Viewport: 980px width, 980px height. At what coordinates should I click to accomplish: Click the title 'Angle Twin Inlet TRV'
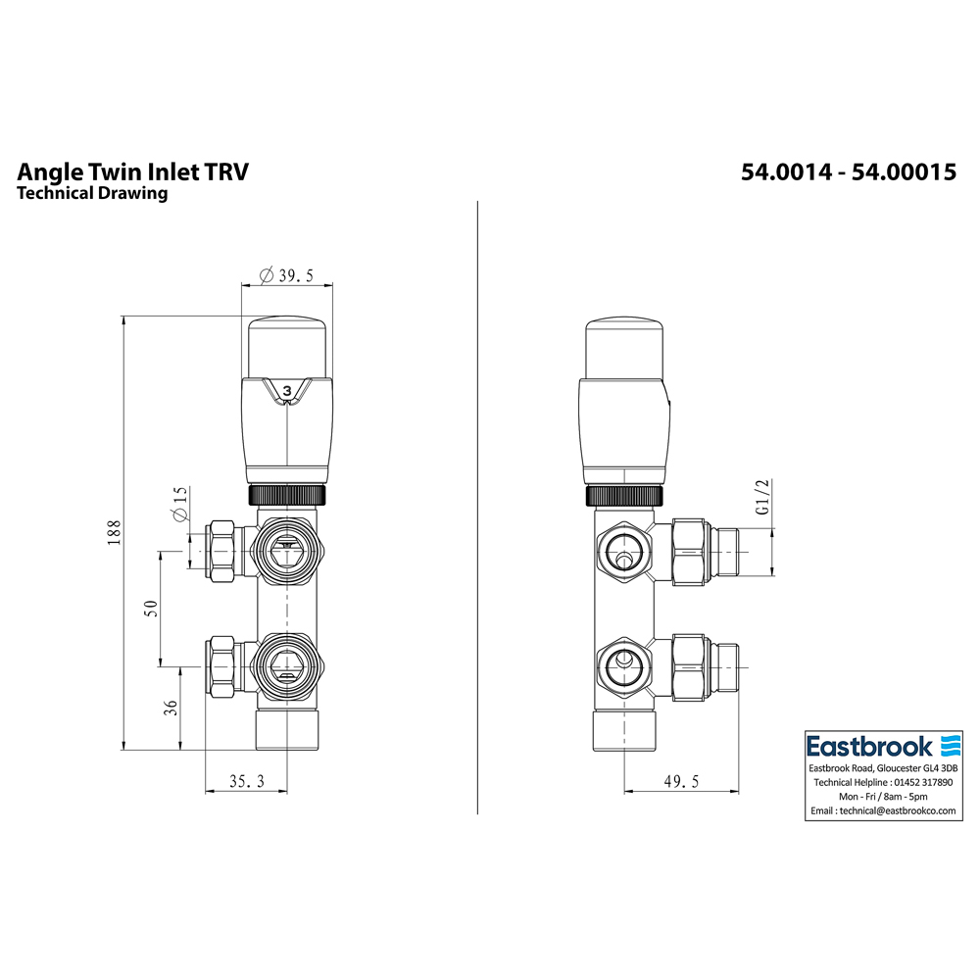(133, 172)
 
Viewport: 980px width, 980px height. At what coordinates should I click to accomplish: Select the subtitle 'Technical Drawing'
(92, 193)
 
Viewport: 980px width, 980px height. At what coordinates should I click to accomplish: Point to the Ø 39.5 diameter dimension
(286, 275)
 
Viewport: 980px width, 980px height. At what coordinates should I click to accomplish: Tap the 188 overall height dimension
(115, 532)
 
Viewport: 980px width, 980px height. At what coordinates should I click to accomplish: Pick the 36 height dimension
(170, 708)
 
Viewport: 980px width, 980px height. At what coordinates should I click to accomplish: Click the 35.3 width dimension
(246, 781)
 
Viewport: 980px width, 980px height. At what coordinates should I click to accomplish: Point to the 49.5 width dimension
(682, 781)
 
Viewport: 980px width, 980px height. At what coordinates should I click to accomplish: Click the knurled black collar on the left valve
(287, 495)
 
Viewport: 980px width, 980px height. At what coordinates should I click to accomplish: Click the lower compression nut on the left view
(220, 667)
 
